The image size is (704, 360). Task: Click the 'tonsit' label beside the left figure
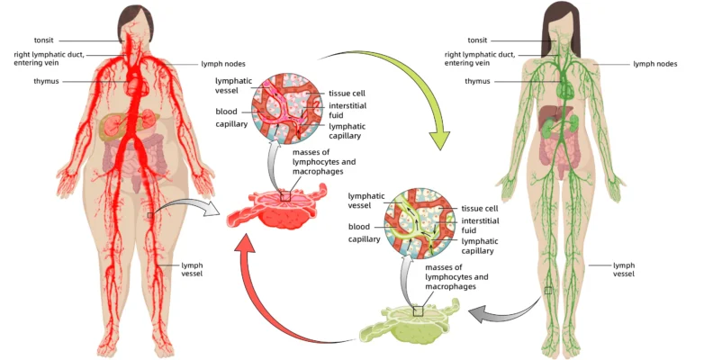click(x=44, y=40)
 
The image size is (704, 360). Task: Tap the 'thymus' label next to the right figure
click(x=477, y=81)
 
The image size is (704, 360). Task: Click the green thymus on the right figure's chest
click(x=564, y=87)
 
